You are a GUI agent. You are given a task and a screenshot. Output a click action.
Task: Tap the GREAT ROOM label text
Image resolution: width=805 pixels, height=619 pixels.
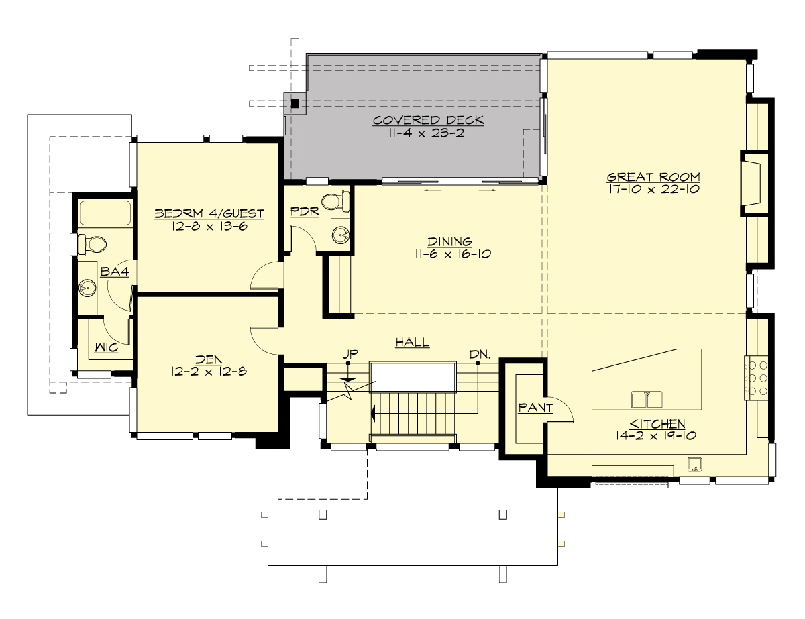653,178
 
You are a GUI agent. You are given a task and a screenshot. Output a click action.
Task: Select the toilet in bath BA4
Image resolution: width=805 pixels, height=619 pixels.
90,244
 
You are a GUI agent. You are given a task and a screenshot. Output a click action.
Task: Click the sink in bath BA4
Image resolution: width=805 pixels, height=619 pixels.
87,288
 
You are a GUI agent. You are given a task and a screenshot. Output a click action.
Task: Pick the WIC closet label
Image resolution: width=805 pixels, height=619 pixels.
106,348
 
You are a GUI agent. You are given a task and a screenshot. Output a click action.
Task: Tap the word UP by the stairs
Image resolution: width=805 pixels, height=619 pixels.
349,353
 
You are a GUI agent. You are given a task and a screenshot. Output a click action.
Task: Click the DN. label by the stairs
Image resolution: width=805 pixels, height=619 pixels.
478,353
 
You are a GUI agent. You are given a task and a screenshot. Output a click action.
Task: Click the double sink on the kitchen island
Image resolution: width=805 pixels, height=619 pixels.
647,400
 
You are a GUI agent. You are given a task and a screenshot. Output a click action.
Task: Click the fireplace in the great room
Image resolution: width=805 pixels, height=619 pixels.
753,183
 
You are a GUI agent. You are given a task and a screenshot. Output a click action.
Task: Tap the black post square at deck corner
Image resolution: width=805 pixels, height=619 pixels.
294,103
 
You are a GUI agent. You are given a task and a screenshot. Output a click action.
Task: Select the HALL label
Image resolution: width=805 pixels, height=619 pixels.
412,343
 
